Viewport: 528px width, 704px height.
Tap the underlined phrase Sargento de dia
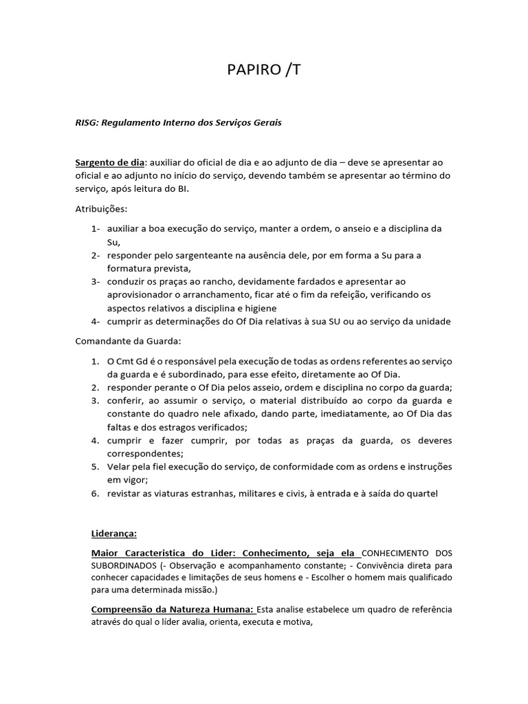[x=109, y=163]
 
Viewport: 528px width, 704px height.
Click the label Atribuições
[x=100, y=208]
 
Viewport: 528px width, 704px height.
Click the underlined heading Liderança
[x=114, y=533]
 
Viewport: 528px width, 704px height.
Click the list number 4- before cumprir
[x=96, y=321]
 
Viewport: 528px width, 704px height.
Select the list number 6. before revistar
[x=96, y=494]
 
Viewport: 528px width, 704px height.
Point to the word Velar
[x=120, y=467]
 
